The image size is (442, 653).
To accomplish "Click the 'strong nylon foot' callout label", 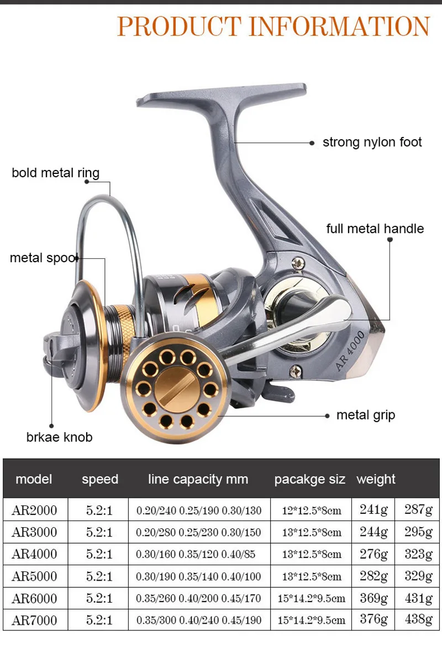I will pyautogui.click(x=372, y=142).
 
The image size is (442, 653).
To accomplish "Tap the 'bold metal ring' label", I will pyautogui.click(x=56, y=173).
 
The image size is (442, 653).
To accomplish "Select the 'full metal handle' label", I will pyautogui.click(x=375, y=229).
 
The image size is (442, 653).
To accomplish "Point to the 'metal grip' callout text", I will pyautogui.click(x=366, y=415).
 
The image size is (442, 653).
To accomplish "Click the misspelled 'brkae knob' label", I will pyautogui.click(x=59, y=437).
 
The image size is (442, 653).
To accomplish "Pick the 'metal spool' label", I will pyautogui.click(x=44, y=258).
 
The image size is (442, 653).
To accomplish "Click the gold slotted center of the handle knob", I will pyautogui.click(x=176, y=390).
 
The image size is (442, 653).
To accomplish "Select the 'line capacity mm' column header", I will pyautogui.click(x=198, y=479).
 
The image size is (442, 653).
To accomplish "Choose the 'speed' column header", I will pyautogui.click(x=100, y=479).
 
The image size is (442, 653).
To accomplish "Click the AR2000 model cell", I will pyautogui.click(x=34, y=510).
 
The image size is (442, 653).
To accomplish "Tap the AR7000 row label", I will pyautogui.click(x=34, y=620).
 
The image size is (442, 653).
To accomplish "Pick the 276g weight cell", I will pyautogui.click(x=374, y=554).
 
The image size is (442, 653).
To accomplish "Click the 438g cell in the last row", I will pyautogui.click(x=418, y=619).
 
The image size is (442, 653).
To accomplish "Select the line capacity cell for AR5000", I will pyautogui.click(x=199, y=576).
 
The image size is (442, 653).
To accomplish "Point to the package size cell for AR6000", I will pyautogui.click(x=313, y=598).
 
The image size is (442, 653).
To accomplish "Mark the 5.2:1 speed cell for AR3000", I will pyautogui.click(x=99, y=532).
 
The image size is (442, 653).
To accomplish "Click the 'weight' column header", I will pyautogui.click(x=376, y=479).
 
